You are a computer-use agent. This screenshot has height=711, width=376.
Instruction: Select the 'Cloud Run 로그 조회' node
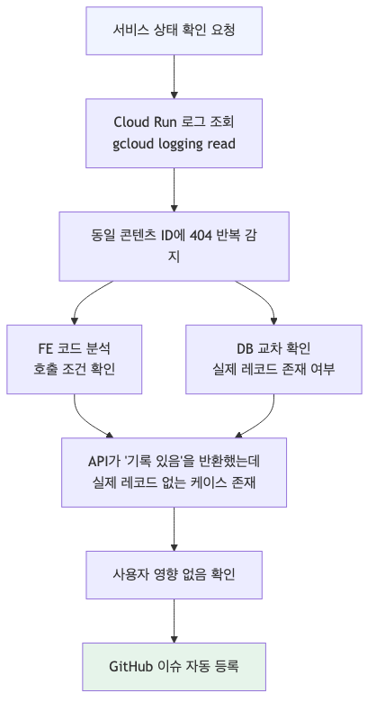[174, 132]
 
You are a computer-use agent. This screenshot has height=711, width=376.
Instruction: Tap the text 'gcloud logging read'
[174, 144]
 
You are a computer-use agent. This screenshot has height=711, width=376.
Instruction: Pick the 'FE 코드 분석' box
[74, 358]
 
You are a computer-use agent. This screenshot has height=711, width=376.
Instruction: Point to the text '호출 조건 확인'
[74, 369]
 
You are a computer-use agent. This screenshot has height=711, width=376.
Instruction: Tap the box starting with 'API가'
[174, 472]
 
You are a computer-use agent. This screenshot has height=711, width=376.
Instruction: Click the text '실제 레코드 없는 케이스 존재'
[174, 483]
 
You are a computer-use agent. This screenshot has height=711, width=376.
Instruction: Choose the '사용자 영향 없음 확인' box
[174, 574]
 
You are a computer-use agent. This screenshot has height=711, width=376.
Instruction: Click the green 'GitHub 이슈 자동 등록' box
[174, 666]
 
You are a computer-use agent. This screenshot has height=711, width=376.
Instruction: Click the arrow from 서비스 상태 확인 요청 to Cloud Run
[174, 76]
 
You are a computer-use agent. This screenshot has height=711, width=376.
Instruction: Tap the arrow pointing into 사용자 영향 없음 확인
[174, 531]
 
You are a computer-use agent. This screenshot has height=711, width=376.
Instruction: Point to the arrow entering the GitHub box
[174, 623]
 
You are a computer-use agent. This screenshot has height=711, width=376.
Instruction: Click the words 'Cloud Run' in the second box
[143, 121]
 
